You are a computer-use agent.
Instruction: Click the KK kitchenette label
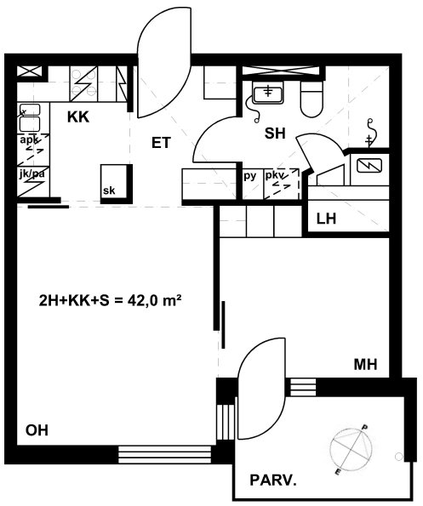pos(78,117)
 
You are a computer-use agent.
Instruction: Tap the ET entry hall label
pos(161,143)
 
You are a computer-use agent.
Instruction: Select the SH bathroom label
pos(275,134)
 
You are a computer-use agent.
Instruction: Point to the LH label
pos(326,219)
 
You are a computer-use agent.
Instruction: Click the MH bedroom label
pos(365,364)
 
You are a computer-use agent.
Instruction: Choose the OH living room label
pos(37,430)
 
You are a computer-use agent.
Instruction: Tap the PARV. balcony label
pos(273,480)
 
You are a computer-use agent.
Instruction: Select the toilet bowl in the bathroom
pos(312,99)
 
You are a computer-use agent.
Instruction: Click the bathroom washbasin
pos(268,93)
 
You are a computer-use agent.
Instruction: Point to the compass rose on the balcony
pos(351,449)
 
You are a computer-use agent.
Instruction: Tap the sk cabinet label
pos(109,190)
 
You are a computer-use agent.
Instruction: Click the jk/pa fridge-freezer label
pos(31,174)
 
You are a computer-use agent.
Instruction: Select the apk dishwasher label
pos(29,140)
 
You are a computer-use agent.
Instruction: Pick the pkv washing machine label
pos(275,175)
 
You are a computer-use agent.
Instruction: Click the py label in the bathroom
pos(250,176)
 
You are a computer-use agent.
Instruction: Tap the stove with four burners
pos(83,84)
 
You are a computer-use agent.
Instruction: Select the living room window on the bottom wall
pos(164,455)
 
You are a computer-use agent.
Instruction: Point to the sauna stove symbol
pos(369,166)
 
